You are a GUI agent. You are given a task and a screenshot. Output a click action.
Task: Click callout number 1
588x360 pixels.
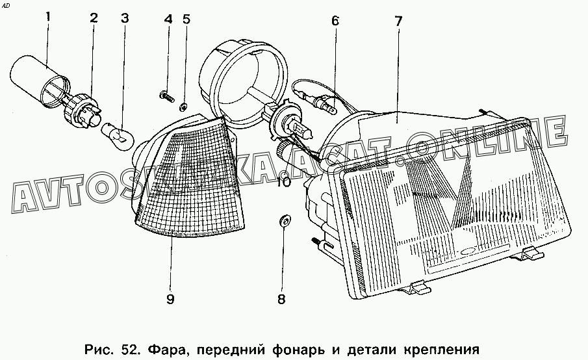point(47,18)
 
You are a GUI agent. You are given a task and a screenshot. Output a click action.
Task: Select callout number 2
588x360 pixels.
point(94,18)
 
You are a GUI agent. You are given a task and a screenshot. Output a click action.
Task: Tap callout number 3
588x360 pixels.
point(124,18)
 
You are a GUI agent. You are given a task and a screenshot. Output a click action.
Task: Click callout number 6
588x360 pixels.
point(335,20)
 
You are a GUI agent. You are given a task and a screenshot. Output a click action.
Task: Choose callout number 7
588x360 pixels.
point(398,20)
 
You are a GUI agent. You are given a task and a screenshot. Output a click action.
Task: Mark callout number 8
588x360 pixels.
point(281,300)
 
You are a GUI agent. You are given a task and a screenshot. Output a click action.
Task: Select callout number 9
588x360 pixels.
point(170,300)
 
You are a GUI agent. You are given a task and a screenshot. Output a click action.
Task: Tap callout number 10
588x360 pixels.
point(283,182)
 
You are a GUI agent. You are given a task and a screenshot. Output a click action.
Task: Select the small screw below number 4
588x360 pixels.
point(166,96)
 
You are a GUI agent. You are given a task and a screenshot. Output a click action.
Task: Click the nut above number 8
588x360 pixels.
point(283,220)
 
